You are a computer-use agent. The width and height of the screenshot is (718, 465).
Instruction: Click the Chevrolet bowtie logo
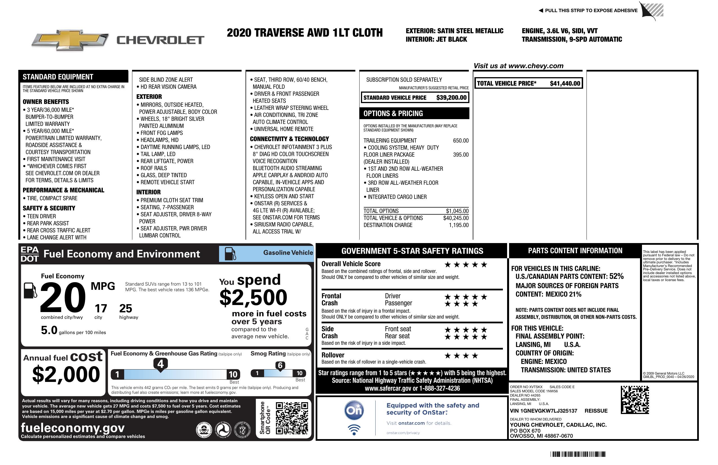click(70, 40)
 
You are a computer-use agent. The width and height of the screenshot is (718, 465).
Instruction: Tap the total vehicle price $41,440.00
click(565, 84)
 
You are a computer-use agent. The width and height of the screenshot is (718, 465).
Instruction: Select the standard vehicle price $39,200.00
click(451, 98)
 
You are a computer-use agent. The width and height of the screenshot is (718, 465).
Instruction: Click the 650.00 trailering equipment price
click(461, 141)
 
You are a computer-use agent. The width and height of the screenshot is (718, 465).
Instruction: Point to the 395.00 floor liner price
click(461, 155)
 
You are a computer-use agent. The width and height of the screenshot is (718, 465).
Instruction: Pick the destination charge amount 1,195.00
click(459, 225)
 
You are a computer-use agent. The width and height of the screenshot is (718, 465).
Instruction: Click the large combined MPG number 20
click(63, 297)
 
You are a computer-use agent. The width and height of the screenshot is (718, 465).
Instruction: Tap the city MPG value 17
click(101, 308)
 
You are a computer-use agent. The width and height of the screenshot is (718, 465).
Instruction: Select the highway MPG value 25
click(126, 308)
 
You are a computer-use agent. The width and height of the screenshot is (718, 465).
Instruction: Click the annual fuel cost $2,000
click(66, 375)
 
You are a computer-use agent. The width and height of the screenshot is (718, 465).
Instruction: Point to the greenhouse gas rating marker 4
click(160, 364)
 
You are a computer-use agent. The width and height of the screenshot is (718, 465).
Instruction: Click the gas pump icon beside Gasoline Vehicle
click(230, 253)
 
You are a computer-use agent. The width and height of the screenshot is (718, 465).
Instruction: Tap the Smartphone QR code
click(292, 418)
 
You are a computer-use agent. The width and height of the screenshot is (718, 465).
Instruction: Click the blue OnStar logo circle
click(354, 410)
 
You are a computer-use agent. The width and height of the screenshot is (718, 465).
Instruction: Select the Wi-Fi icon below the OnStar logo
click(354, 430)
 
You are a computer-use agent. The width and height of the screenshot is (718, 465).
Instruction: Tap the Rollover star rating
click(461, 356)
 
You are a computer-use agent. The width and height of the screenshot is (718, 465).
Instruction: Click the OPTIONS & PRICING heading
click(393, 114)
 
